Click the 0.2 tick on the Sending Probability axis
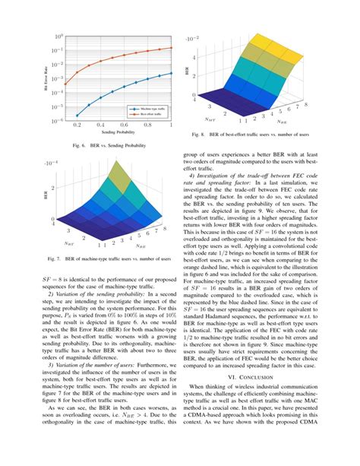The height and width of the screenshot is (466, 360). [x=78, y=125]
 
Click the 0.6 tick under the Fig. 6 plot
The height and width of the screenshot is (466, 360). [x=125, y=125]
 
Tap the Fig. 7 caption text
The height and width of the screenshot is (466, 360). [x=109, y=258]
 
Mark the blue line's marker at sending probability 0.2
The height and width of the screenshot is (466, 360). [x=77, y=115]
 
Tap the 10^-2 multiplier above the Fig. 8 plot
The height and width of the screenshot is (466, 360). [x=193, y=38]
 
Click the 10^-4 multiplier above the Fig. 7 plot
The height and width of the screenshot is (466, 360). [x=51, y=162]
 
